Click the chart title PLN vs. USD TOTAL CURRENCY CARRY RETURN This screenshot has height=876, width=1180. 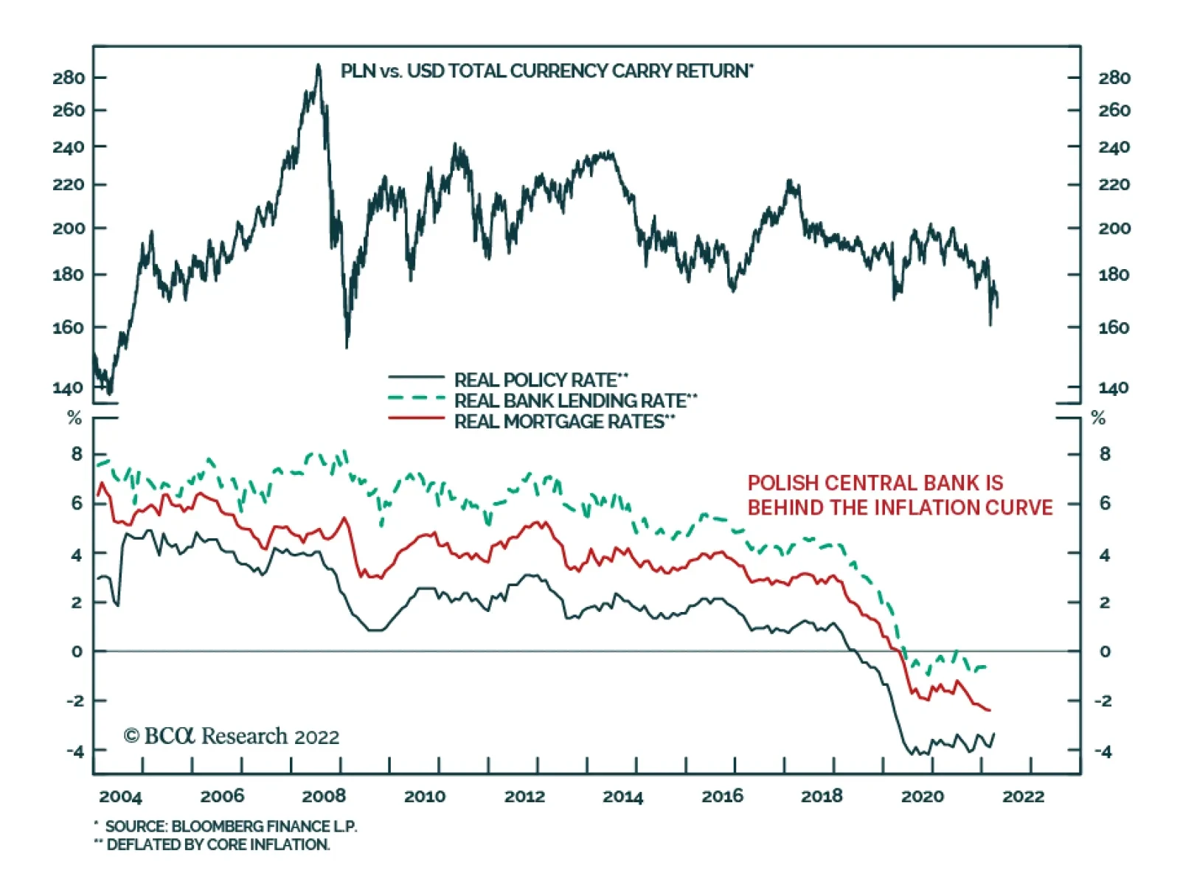point(546,72)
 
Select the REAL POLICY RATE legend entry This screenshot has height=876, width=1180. point(541,380)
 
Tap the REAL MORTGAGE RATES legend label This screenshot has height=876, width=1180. point(564,421)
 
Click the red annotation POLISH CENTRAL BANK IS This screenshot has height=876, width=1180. point(875,483)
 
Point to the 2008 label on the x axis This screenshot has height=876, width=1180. point(324,796)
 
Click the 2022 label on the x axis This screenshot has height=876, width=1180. point(1023,796)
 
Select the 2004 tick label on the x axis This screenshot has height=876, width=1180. point(120,796)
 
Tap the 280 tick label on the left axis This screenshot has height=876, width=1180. point(69,78)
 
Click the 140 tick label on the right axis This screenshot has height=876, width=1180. point(1114,388)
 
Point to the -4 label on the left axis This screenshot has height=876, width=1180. point(75,751)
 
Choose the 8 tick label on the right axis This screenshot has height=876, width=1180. point(1104,454)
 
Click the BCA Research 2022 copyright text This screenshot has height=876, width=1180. point(232,736)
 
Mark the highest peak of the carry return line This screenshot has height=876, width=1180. point(319,65)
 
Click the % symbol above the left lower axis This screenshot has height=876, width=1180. point(74,419)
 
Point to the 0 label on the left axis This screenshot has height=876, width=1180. point(77,652)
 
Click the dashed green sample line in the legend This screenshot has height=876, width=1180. point(417,399)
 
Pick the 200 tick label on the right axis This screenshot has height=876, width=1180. point(1114,229)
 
